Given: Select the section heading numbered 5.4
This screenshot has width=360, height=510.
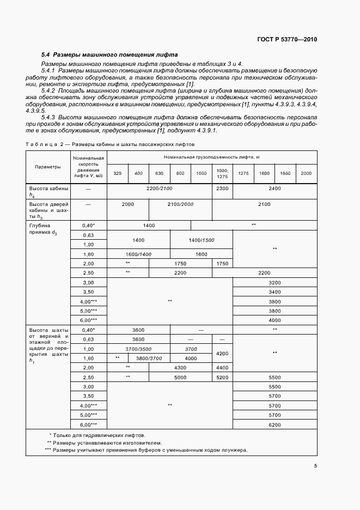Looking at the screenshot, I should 109,55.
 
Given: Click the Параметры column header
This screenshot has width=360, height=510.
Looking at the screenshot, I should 48,167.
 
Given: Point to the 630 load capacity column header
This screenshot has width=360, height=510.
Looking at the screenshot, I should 160,173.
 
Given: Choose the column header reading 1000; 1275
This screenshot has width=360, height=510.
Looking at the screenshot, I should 222,173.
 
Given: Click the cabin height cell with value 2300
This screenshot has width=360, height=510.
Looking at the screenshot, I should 222,188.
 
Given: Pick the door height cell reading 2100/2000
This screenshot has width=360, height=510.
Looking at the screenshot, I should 180,204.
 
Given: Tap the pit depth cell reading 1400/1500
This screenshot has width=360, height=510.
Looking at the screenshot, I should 202,240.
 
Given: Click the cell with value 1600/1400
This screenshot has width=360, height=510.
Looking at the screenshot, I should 138,254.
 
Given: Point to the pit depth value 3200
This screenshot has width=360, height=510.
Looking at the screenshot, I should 274,282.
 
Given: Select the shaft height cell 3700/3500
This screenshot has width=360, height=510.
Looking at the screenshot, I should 138,349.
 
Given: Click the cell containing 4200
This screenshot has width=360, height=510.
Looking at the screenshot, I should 222,354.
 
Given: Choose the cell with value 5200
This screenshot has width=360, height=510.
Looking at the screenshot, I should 222,377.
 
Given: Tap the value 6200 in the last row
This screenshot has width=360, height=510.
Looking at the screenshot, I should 274,424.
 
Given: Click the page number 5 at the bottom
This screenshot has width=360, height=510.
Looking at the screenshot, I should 315,466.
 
